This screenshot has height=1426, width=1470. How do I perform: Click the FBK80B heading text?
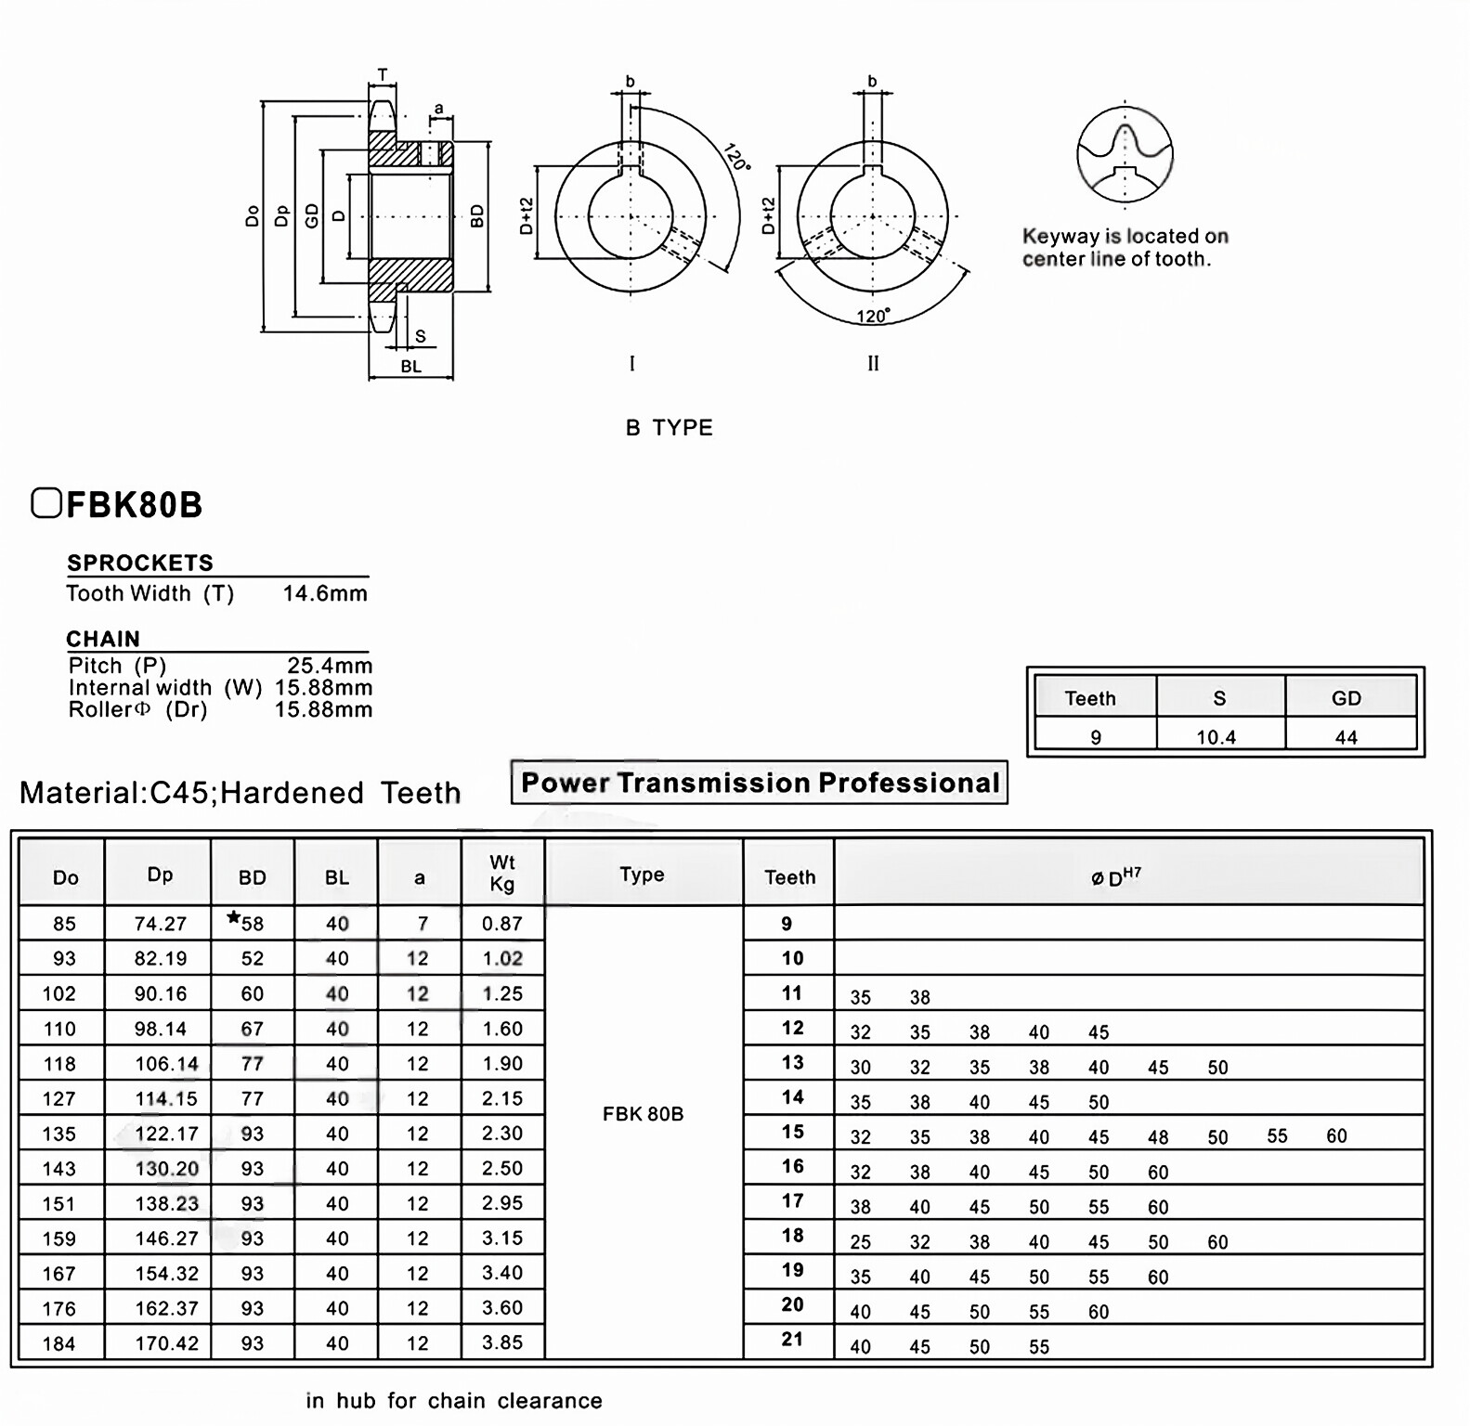[x=134, y=505]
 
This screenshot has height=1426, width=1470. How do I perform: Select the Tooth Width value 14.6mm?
[x=325, y=593]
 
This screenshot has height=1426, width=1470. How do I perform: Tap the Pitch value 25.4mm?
[x=329, y=666]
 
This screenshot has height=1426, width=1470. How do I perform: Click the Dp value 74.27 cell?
[x=160, y=924]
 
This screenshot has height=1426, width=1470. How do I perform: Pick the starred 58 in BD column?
[x=247, y=923]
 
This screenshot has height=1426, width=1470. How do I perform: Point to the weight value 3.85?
[x=501, y=1342]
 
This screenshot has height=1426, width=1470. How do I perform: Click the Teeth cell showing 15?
[x=791, y=1133]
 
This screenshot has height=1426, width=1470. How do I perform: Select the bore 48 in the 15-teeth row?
[x=1157, y=1137]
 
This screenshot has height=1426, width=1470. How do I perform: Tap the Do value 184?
[x=59, y=1343]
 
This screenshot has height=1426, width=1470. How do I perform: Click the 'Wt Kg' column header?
[x=501, y=874]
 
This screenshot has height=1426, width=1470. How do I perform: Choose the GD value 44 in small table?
[x=1346, y=737]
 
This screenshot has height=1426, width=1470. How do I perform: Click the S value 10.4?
[x=1216, y=737]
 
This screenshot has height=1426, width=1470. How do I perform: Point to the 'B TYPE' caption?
[x=669, y=428]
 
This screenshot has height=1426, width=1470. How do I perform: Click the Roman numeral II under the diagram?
[x=873, y=364]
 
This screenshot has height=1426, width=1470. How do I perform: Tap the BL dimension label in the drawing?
[x=410, y=367]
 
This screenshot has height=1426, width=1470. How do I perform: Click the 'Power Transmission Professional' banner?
[x=759, y=783]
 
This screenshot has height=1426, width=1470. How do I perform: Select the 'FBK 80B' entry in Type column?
[x=643, y=1114]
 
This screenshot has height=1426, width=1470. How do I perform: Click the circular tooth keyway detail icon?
[x=1125, y=155]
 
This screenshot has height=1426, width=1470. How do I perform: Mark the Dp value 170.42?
[x=166, y=1343]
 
